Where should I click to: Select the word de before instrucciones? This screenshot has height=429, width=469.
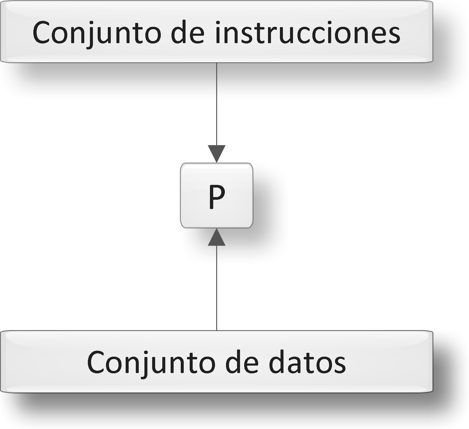click(x=188, y=33)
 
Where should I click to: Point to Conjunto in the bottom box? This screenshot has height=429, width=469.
click(x=151, y=363)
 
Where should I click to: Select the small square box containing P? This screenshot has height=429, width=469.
click(x=197, y=179)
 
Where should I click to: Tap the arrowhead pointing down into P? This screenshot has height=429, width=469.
click(x=216, y=154)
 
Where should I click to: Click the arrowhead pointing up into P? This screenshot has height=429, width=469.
click(x=216, y=237)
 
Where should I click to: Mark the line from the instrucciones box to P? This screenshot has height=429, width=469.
click(x=216, y=104)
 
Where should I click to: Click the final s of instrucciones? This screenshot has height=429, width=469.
click(x=393, y=34)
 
